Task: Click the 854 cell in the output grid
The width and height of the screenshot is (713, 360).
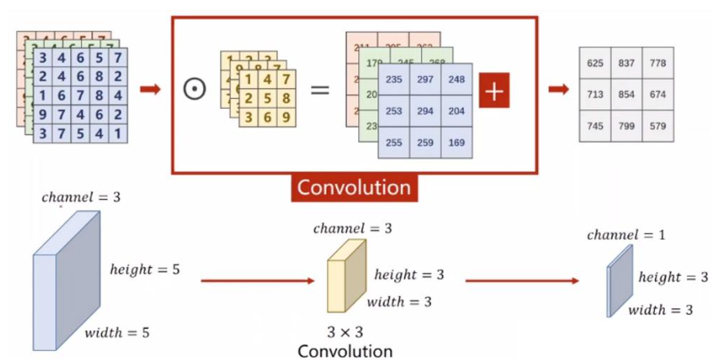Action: (x=626, y=95)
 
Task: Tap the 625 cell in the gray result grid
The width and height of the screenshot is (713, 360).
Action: (x=595, y=63)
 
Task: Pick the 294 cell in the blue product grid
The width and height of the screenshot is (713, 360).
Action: (x=425, y=111)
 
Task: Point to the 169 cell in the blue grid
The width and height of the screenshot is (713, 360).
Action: (x=456, y=142)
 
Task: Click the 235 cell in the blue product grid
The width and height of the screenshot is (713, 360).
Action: (x=394, y=80)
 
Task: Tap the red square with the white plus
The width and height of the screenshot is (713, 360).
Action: (x=493, y=91)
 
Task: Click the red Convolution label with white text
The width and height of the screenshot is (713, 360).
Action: (x=353, y=187)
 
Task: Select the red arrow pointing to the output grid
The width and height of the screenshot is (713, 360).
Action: (x=559, y=88)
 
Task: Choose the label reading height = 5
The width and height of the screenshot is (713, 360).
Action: (x=145, y=268)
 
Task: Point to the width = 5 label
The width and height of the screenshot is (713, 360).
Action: (x=117, y=332)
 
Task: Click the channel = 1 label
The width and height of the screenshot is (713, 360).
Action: (x=626, y=235)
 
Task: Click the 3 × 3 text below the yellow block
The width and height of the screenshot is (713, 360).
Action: (x=345, y=333)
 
